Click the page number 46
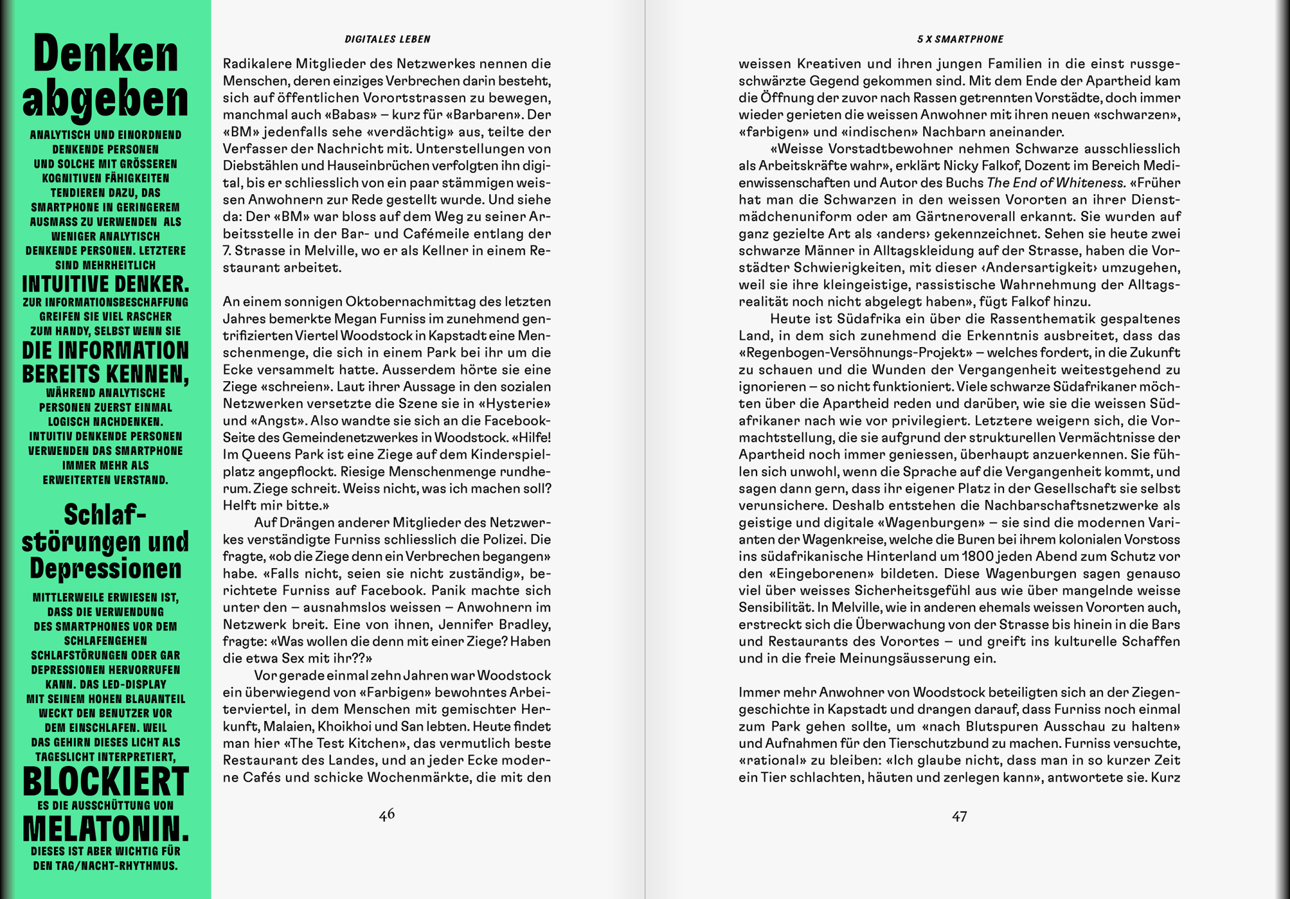coord(387,814)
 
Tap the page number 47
coord(959,816)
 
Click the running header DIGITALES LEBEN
coord(387,40)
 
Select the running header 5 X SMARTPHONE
coord(960,40)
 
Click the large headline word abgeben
coord(106,99)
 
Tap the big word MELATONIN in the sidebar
coord(106,829)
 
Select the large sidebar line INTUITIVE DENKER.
coord(106,283)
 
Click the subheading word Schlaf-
coord(106,514)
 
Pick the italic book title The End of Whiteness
coord(1056,183)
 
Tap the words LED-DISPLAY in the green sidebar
coord(136,684)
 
